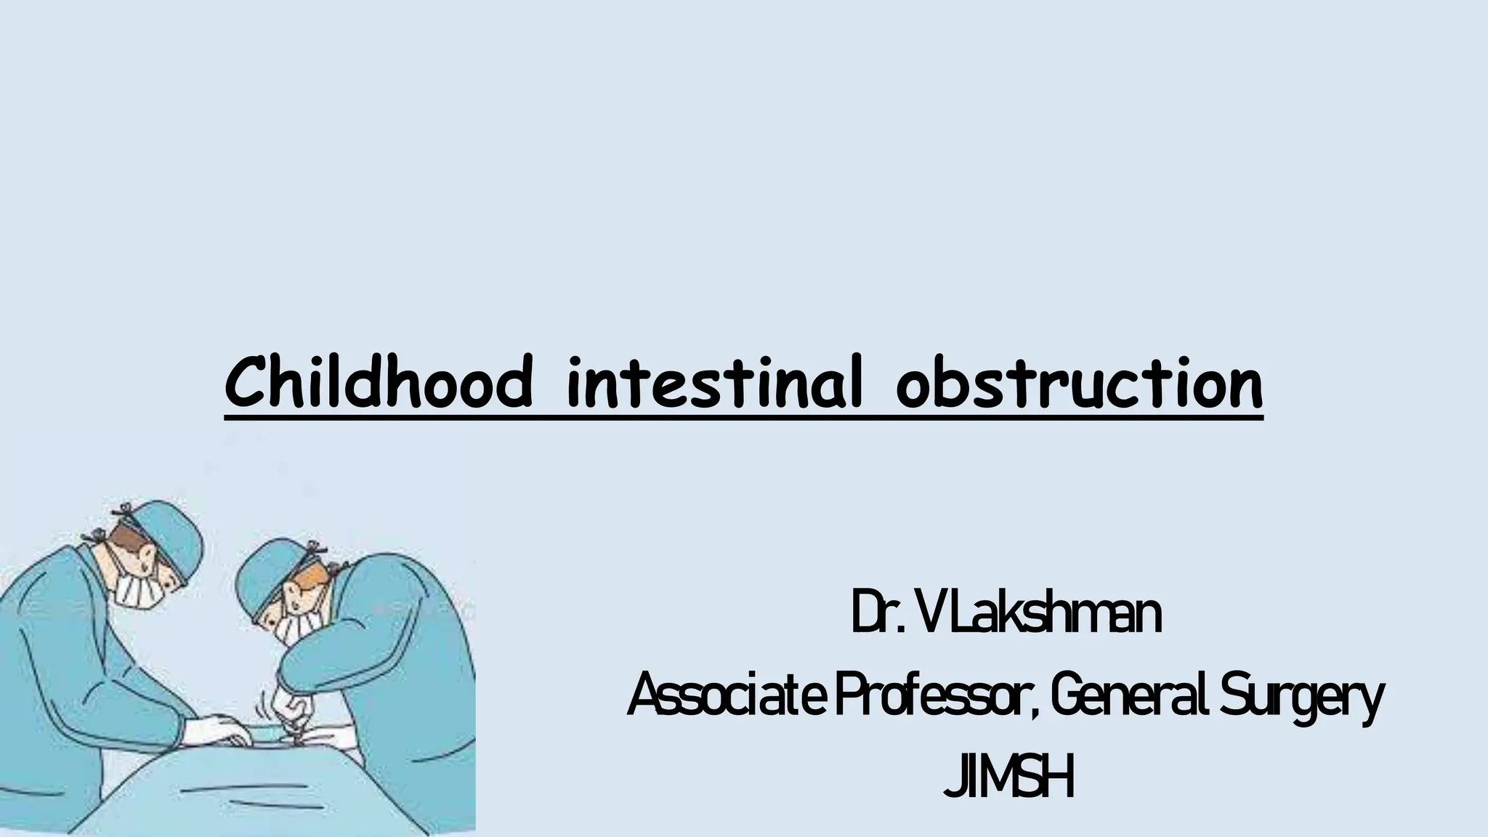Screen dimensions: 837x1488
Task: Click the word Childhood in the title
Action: coord(379,383)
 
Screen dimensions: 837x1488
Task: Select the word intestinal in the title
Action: coord(715,383)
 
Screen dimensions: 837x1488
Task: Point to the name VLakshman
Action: coord(1039,615)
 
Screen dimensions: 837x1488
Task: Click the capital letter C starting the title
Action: coord(243,383)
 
